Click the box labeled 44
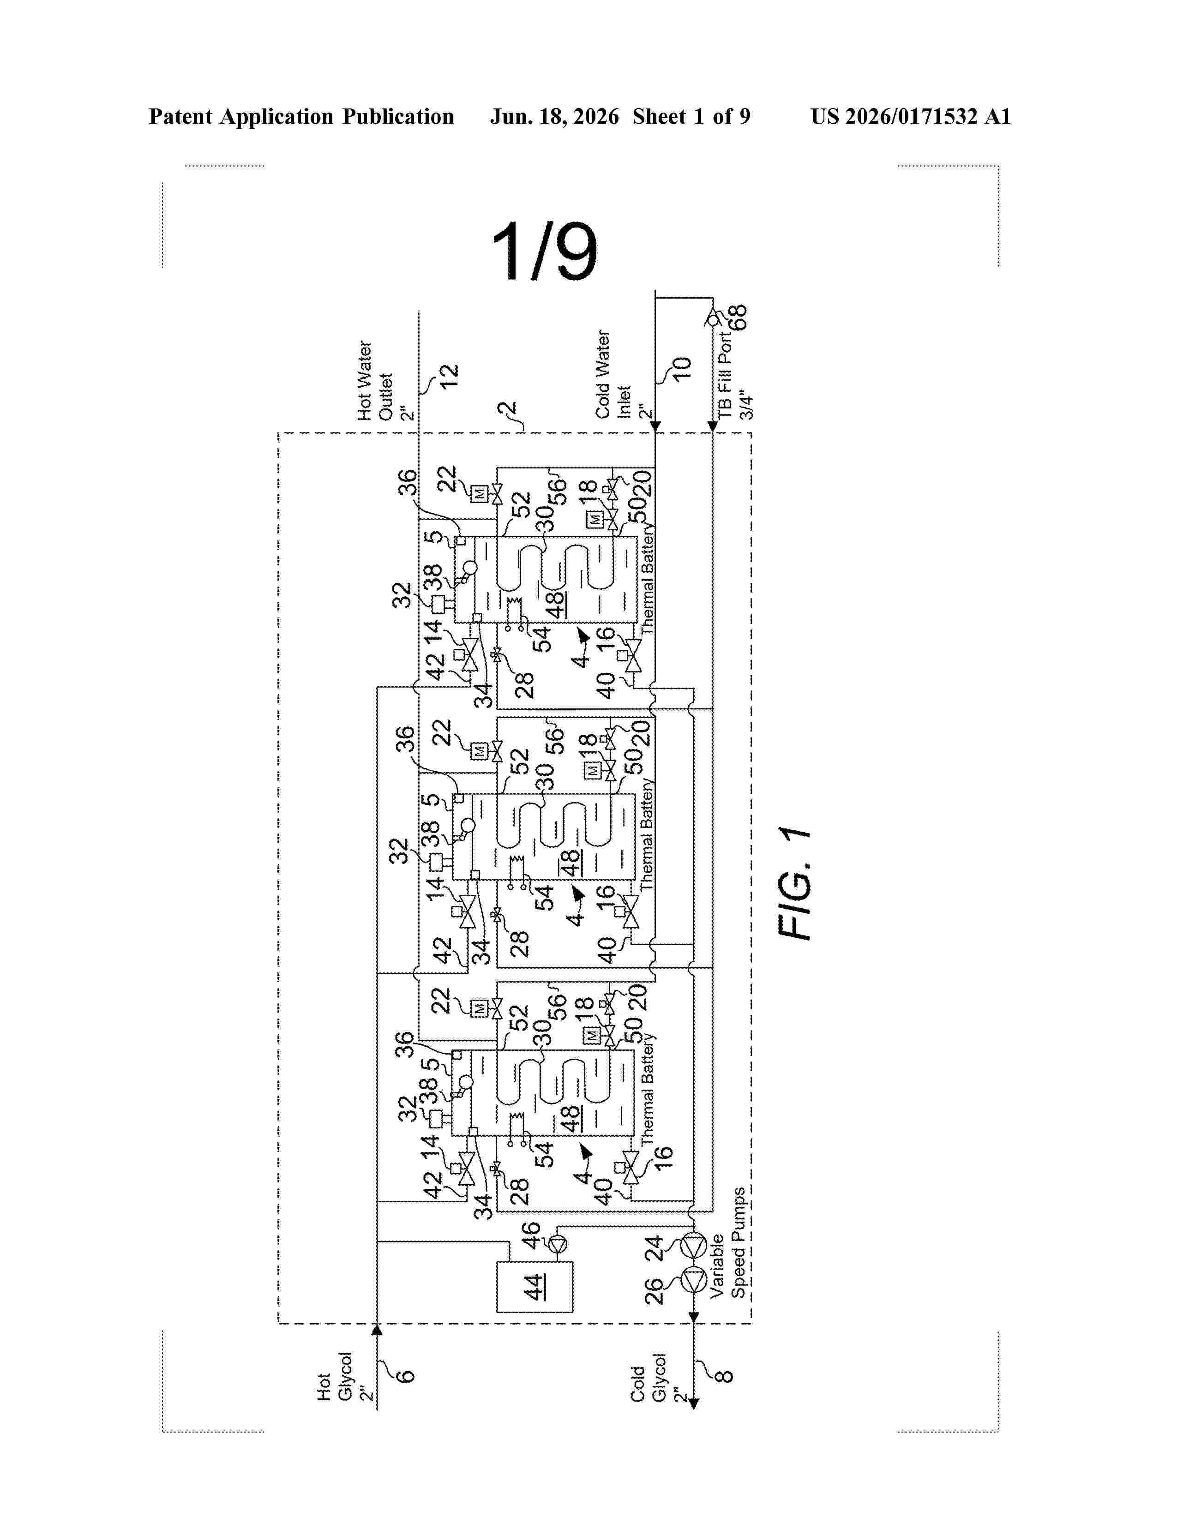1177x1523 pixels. [x=534, y=1287]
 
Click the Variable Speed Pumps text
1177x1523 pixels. [x=728, y=1243]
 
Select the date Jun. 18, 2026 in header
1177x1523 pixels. [x=554, y=116]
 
